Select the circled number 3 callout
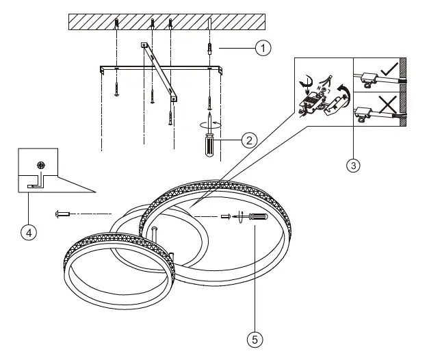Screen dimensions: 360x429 pyautogui.click(x=353, y=165)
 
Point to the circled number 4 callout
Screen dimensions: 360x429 pyautogui.click(x=27, y=233)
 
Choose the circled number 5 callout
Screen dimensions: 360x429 pyautogui.click(x=255, y=337)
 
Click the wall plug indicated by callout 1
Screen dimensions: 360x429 pyautogui.click(x=210, y=50)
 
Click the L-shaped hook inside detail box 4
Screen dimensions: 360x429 pyautogui.click(x=34, y=182)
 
